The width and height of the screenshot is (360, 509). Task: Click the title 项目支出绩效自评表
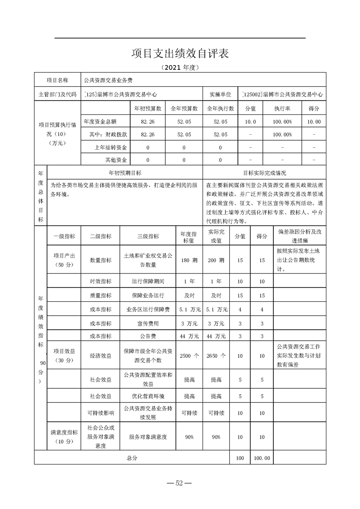point(180,53)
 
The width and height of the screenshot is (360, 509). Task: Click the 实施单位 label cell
point(220,95)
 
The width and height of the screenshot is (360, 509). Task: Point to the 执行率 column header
point(282,108)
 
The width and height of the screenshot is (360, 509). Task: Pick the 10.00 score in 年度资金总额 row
point(314,122)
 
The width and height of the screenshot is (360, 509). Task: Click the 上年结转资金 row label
point(111,147)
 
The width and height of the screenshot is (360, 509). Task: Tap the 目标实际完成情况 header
point(264,173)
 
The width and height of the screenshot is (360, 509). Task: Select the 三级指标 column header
point(148,236)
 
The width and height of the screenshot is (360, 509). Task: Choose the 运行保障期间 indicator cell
point(148,282)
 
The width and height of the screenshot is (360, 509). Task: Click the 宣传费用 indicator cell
point(148,323)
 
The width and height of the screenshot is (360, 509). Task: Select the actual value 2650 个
point(216,356)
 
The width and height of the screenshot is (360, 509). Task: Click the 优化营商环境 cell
point(148,396)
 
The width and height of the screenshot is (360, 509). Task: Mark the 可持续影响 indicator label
point(101,413)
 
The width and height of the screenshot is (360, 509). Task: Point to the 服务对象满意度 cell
point(148,437)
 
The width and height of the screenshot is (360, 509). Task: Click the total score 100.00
point(262,458)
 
